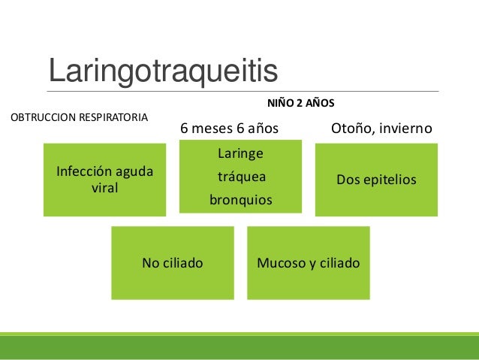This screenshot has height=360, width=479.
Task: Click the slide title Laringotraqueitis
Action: click(x=163, y=71)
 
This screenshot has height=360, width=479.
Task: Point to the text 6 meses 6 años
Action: click(x=229, y=129)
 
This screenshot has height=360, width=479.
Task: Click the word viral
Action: click(x=104, y=188)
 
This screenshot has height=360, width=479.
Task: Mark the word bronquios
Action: click(x=240, y=201)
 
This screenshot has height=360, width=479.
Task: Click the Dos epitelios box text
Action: click(x=376, y=181)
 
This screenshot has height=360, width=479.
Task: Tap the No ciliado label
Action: click(x=173, y=264)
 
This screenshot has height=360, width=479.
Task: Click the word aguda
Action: click(x=134, y=173)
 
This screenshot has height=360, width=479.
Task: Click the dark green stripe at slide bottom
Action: click(x=239, y=348)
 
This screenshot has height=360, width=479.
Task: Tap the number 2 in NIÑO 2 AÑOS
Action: click(x=300, y=101)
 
